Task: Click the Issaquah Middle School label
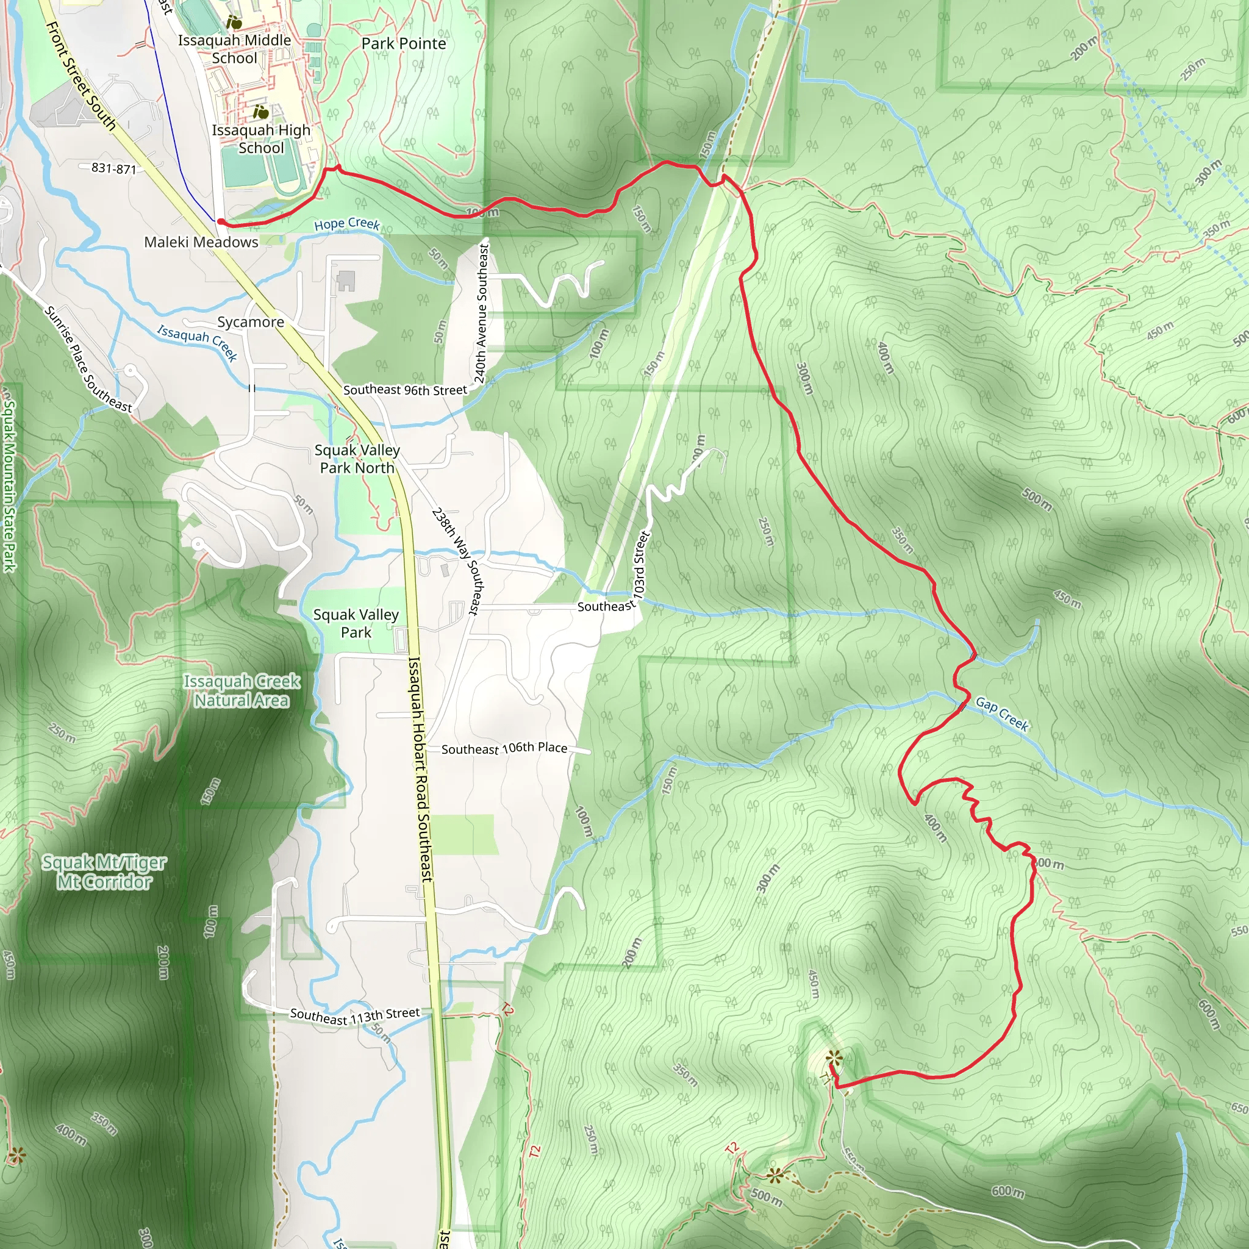point(234,49)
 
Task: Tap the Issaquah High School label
point(261,139)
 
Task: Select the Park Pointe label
point(403,44)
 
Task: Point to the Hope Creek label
point(346,224)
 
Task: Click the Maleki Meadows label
point(201,243)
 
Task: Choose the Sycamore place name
point(251,322)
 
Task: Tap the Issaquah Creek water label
point(197,342)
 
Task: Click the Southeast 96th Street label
point(405,390)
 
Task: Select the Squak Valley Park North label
point(357,459)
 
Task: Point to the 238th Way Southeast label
point(456,560)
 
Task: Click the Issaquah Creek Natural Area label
point(242,690)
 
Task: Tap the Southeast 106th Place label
point(504,748)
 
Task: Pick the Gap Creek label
point(1001,713)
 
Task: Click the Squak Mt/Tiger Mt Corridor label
point(104,871)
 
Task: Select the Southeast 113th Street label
point(355,1015)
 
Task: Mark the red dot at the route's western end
point(220,222)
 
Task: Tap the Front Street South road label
point(81,76)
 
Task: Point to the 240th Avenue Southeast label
point(481,313)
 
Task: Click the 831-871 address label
point(114,169)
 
